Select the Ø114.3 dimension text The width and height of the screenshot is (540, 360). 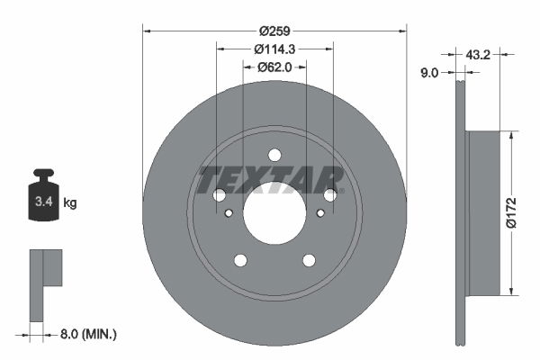coord(274,49)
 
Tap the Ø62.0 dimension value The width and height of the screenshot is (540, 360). coord(274,67)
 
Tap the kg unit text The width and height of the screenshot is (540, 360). coord(70,203)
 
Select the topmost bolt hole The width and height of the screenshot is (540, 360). coord(274,155)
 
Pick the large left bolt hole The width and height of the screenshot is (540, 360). coord(219,195)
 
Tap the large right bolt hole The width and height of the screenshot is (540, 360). coord(330,195)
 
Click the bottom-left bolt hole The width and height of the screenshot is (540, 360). coord(240,260)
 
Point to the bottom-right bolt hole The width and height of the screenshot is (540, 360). coord(309,260)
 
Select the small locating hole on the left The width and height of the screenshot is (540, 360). coord(229,213)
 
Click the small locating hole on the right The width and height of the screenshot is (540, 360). coord(320,213)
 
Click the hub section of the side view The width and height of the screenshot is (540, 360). coord(483,213)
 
